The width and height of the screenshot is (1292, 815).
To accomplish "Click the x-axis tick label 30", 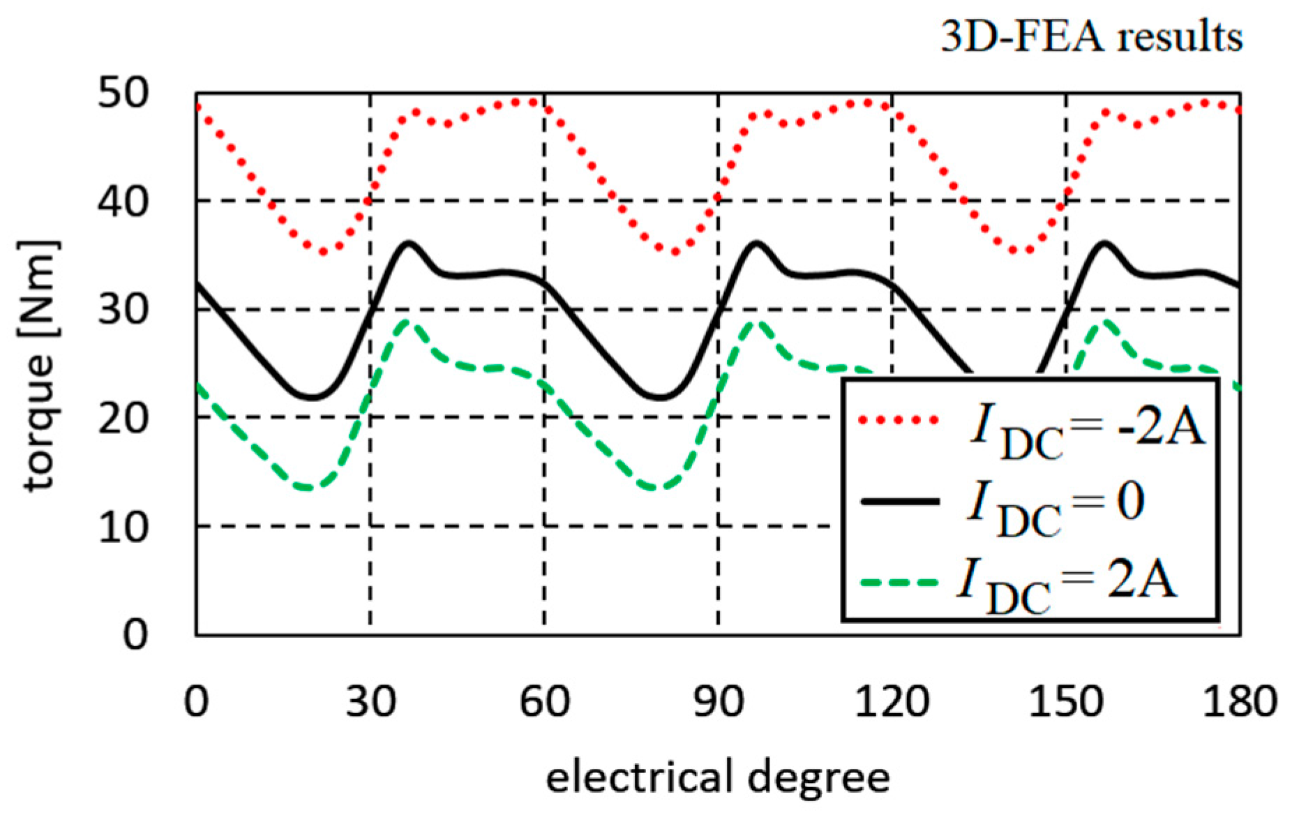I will point(370,701).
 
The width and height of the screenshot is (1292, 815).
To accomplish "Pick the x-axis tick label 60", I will point(544,701).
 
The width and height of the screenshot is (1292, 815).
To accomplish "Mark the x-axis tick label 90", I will point(719,701).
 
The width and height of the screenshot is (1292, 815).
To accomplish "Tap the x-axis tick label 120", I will point(892,701).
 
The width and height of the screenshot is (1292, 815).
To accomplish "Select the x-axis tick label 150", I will point(1066,701).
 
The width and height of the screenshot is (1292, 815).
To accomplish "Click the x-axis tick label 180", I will point(1240,701).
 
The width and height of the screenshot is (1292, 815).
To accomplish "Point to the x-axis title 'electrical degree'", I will point(718,777).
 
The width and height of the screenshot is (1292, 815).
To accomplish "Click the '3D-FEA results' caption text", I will point(1091,36).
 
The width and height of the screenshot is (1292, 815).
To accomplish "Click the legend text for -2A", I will point(1088,428).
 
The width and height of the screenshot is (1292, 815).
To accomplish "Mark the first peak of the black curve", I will point(408,243).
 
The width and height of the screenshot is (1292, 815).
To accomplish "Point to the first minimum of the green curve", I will point(308,488).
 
